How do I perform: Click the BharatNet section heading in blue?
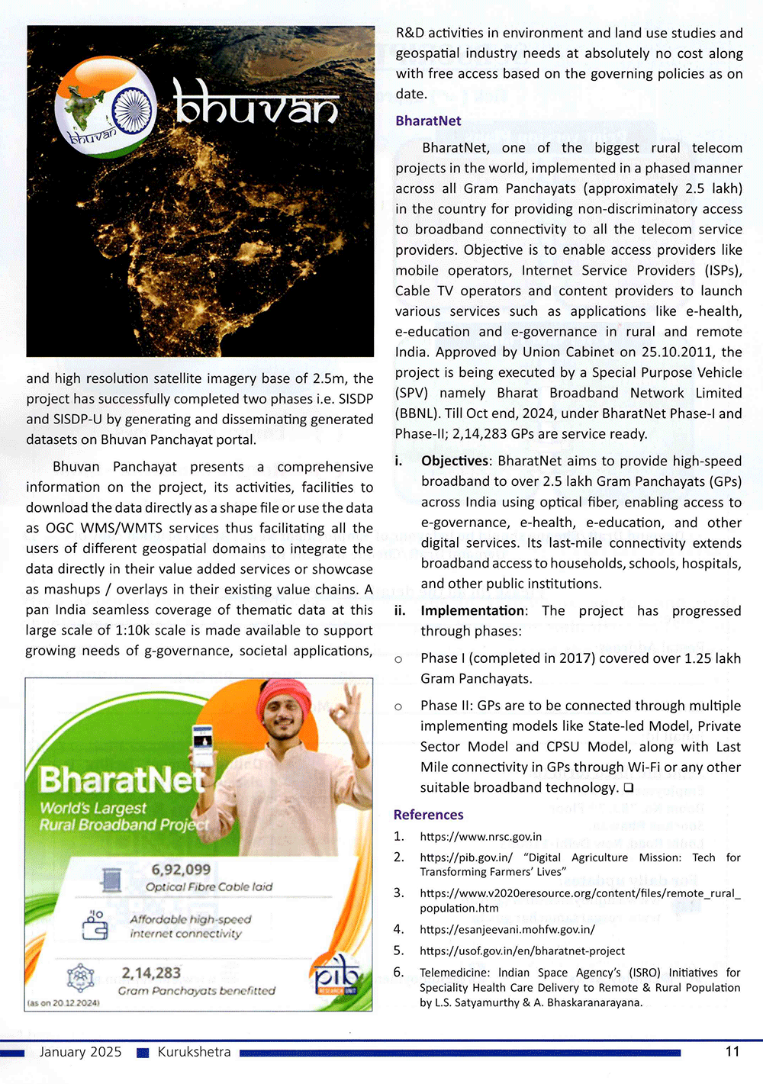click(428, 121)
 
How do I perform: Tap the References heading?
click(428, 815)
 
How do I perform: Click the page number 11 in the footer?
click(732, 1051)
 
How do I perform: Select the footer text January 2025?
click(80, 1052)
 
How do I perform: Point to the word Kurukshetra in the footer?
click(194, 1052)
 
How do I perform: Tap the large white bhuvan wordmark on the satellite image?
click(256, 103)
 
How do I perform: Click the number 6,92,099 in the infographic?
click(181, 870)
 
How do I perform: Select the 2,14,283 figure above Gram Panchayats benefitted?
click(151, 973)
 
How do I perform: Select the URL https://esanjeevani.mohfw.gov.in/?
click(507, 929)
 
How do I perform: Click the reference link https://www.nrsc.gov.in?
click(481, 837)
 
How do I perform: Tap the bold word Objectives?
click(455, 461)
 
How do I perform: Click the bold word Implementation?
click(473, 610)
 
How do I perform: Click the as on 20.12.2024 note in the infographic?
click(63, 1002)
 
